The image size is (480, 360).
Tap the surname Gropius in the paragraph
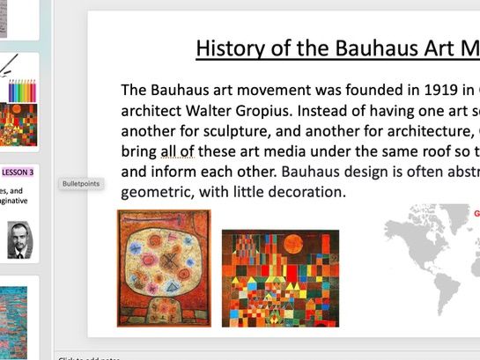(x=273, y=110)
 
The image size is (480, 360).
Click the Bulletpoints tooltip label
(x=81, y=184)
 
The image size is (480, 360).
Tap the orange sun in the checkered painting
(x=313, y=241)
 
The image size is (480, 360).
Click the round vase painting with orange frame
(x=164, y=268)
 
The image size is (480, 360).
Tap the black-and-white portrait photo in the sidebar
(x=17, y=239)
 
